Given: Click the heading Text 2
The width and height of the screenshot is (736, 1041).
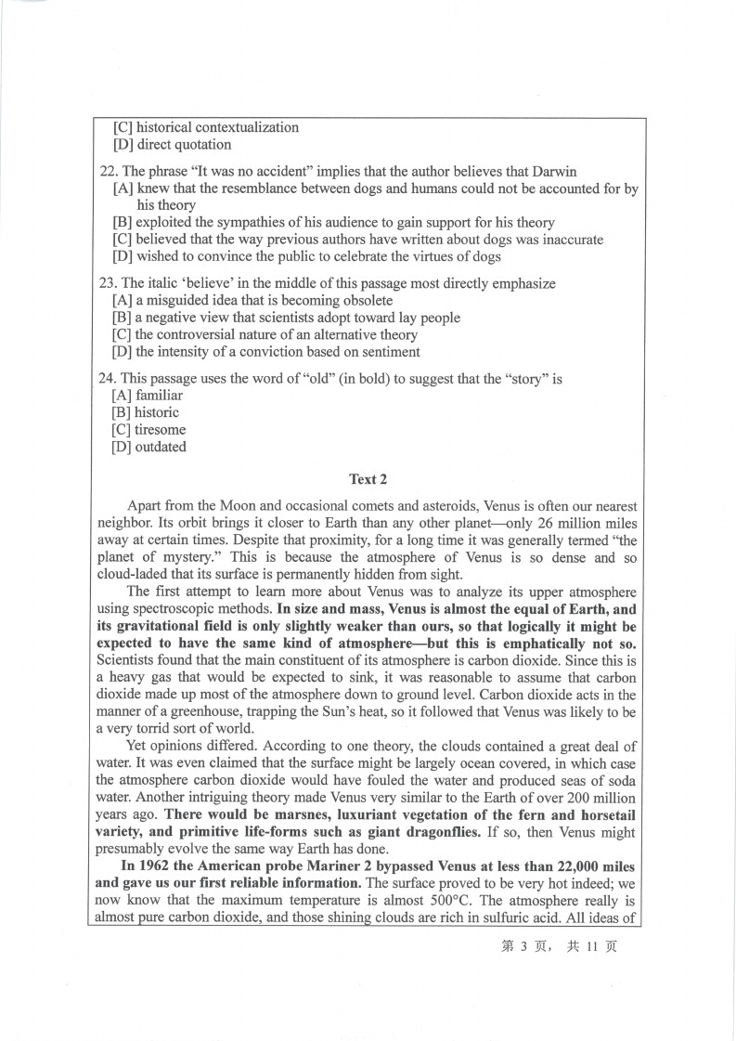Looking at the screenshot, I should pyautogui.click(x=368, y=479).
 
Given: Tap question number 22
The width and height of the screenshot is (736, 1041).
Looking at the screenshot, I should pyautogui.click(x=108, y=171).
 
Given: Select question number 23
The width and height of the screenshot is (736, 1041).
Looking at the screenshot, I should pyautogui.click(x=108, y=283).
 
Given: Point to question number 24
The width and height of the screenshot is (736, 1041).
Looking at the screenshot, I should pyautogui.click(x=108, y=378).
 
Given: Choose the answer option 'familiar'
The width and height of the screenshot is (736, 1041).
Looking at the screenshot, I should pyautogui.click(x=160, y=395).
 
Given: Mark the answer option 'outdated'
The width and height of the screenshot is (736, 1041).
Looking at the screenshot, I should pyautogui.click(x=161, y=447).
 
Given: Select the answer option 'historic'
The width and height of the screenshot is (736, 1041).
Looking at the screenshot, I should pyautogui.click(x=157, y=412).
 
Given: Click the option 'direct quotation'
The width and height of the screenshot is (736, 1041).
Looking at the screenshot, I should pyautogui.click(x=184, y=145).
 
